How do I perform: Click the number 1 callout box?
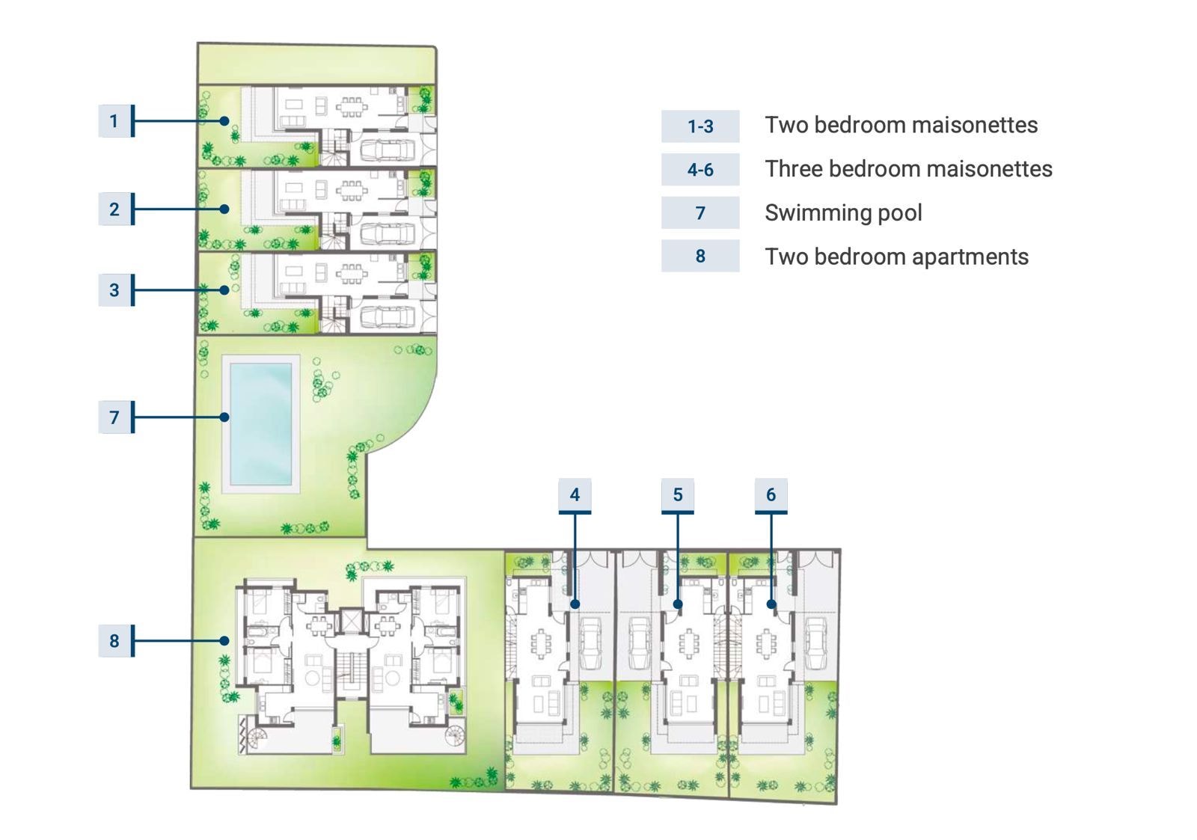[115, 121]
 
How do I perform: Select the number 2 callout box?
[115, 209]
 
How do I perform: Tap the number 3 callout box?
[115, 290]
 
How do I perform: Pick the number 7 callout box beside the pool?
[115, 417]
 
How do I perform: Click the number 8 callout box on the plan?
[115, 641]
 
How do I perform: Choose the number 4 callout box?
[575, 495]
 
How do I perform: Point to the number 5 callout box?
[678, 495]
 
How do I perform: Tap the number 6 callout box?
[771, 495]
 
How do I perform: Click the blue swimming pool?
[261, 424]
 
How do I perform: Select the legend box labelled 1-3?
[700, 126]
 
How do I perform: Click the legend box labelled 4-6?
[700, 169]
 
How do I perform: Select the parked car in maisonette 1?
[388, 150]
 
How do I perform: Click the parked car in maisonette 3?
[388, 316]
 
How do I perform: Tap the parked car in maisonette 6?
[815, 643]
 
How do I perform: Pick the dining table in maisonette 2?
[352, 191]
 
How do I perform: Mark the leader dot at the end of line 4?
[575, 604]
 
